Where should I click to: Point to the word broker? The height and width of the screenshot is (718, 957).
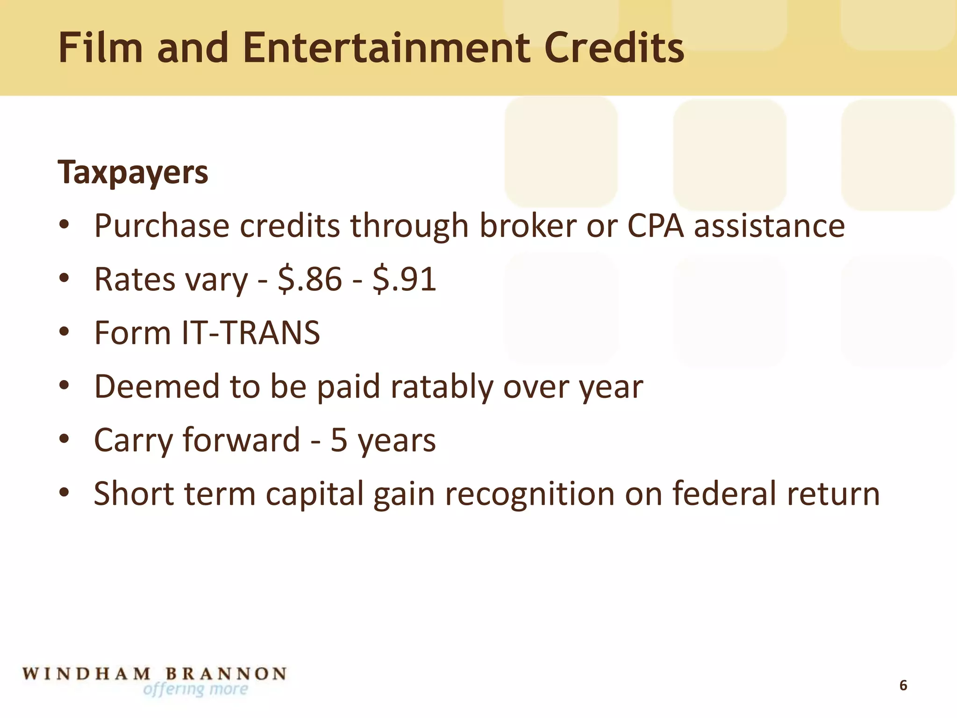pyautogui.click(x=528, y=226)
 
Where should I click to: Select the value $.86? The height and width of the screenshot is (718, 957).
pyautogui.click(x=310, y=280)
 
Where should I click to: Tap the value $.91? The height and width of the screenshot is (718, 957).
pyautogui.click(x=405, y=280)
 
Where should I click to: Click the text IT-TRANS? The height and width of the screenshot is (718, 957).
pyautogui.click(x=251, y=333)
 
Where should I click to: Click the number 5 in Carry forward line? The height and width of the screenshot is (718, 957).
pyautogui.click(x=339, y=440)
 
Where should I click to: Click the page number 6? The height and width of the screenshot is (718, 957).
pyautogui.click(x=903, y=686)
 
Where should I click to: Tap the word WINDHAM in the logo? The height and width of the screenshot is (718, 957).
pyautogui.click(x=87, y=674)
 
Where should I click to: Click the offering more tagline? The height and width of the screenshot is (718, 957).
pyautogui.click(x=196, y=689)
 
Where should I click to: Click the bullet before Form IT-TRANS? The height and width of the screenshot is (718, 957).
pyautogui.click(x=64, y=332)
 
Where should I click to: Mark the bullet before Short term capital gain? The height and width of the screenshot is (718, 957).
pyautogui.click(x=64, y=493)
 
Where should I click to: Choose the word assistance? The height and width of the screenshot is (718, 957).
pyautogui.click(x=769, y=226)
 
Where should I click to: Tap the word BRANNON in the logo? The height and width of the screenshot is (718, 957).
pyautogui.click(x=226, y=674)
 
